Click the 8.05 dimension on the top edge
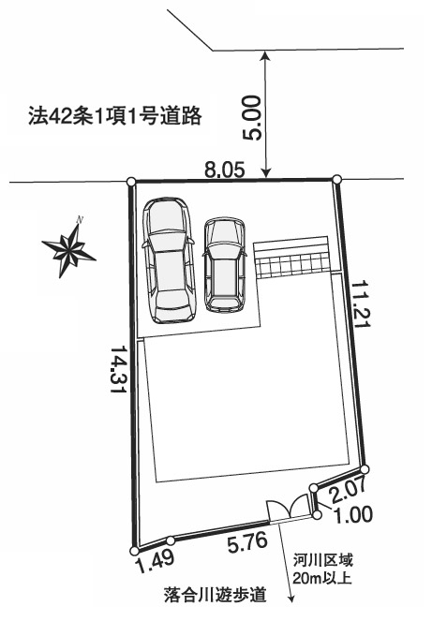pyautogui.click(x=225, y=170)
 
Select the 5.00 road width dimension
pyautogui.click(x=252, y=118)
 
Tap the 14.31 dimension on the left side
pyautogui.click(x=118, y=369)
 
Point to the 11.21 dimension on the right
pyautogui.click(x=361, y=303)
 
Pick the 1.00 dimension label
pyautogui.click(x=352, y=515)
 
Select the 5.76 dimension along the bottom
pyautogui.click(x=247, y=542)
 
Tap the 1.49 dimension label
pyautogui.click(x=156, y=561)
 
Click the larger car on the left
pyautogui.click(x=168, y=260)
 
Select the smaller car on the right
pyautogui.click(x=225, y=265)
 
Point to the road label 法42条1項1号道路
pyautogui.click(x=115, y=116)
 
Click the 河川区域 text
pyautogui.click(x=323, y=560)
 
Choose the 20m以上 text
pyautogui.click(x=321, y=578)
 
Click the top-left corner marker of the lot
pyautogui.click(x=131, y=182)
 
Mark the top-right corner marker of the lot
pyautogui.click(x=336, y=179)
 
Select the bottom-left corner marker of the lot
pyautogui.click(x=134, y=551)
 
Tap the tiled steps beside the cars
pyautogui.click(x=290, y=257)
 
